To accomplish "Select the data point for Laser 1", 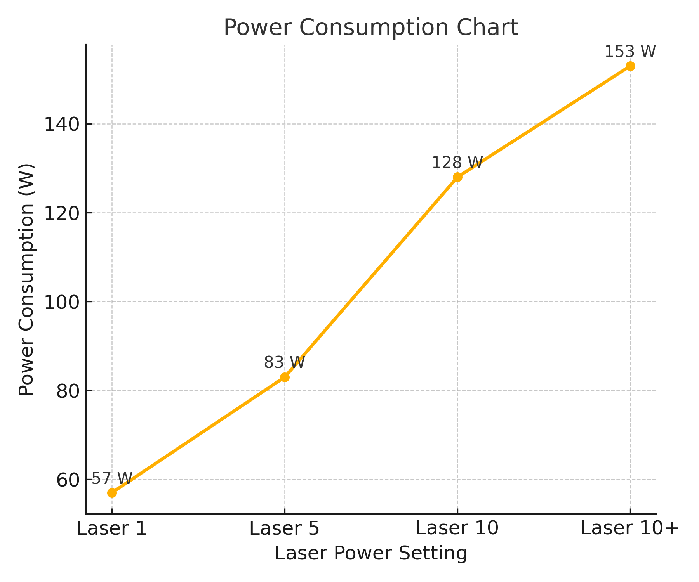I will point(112,493).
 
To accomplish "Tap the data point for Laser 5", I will point(285,377).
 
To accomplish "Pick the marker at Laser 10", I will point(457,177).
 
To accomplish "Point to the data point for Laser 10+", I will point(630,66).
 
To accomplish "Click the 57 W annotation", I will point(112,478).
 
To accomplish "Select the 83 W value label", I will point(285,362).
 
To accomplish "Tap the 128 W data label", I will point(457,163).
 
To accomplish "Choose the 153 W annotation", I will point(630,52).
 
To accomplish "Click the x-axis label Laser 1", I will point(112,528).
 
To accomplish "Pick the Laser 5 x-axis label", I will point(285,528).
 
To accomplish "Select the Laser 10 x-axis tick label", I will point(457,528).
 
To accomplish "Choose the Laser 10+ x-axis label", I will point(629,528).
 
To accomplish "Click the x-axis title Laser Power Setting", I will point(371,553).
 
